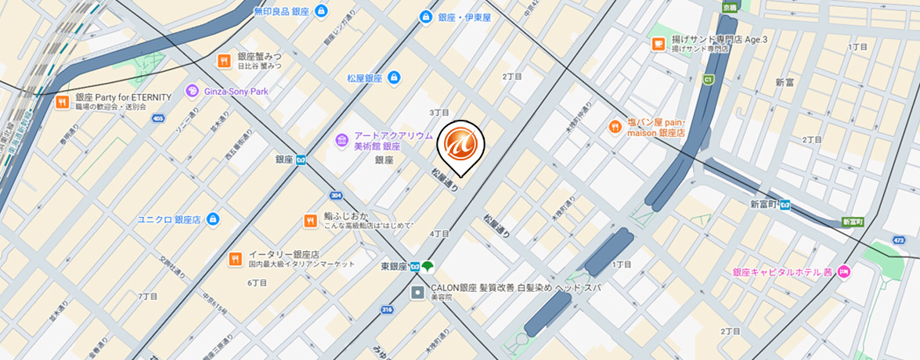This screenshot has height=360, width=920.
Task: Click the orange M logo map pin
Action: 460,145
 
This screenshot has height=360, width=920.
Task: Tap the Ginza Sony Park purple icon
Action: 192,92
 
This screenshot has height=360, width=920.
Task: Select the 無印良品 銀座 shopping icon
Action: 323,12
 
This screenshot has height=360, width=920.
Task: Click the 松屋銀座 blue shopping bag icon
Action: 394,77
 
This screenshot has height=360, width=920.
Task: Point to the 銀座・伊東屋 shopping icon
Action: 426,16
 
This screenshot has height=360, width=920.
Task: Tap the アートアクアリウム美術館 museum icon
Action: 341,141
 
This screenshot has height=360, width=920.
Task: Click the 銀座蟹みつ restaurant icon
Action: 224,60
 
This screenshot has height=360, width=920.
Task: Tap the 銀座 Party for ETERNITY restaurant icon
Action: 62,101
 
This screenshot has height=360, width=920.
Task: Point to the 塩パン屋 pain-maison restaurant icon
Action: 615,127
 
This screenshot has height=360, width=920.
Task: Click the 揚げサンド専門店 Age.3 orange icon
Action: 658,43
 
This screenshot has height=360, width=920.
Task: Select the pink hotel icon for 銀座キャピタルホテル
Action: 843,272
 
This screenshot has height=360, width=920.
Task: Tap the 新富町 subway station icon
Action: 785,205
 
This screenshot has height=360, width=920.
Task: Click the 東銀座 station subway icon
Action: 414,266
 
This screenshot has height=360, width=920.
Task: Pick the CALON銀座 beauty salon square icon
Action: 418,293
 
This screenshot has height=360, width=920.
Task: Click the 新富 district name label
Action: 785,82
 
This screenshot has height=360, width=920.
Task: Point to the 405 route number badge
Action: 159,119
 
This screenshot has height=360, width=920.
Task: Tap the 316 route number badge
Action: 387,311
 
